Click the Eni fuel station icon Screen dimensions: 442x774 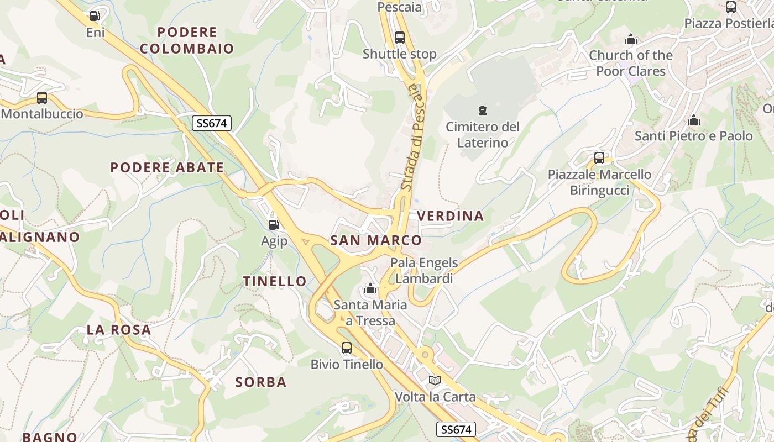(x=95, y=16)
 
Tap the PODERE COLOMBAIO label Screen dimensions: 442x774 (x=187, y=40)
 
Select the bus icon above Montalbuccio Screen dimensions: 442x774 (x=42, y=98)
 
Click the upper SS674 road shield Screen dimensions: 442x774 (x=211, y=123)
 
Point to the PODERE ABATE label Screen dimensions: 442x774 (x=167, y=167)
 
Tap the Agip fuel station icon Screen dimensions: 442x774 (x=274, y=224)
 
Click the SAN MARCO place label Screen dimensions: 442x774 (x=376, y=240)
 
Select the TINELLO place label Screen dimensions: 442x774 (x=275, y=281)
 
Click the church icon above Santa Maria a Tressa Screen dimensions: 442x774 (x=370, y=289)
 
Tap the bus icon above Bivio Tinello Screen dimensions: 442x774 (x=347, y=348)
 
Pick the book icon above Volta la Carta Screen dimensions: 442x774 (x=435, y=381)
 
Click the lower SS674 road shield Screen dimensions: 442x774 (x=456, y=429)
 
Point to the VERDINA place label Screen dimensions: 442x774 (x=451, y=216)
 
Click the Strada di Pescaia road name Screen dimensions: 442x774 (x=414, y=138)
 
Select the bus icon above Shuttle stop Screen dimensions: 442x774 (x=400, y=38)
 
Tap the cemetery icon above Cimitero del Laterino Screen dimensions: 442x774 (x=483, y=110)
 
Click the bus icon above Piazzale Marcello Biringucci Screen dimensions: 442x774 (x=599, y=158)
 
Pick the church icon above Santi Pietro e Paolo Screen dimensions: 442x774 (x=694, y=120)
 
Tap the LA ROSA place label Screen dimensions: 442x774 (x=119, y=330)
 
